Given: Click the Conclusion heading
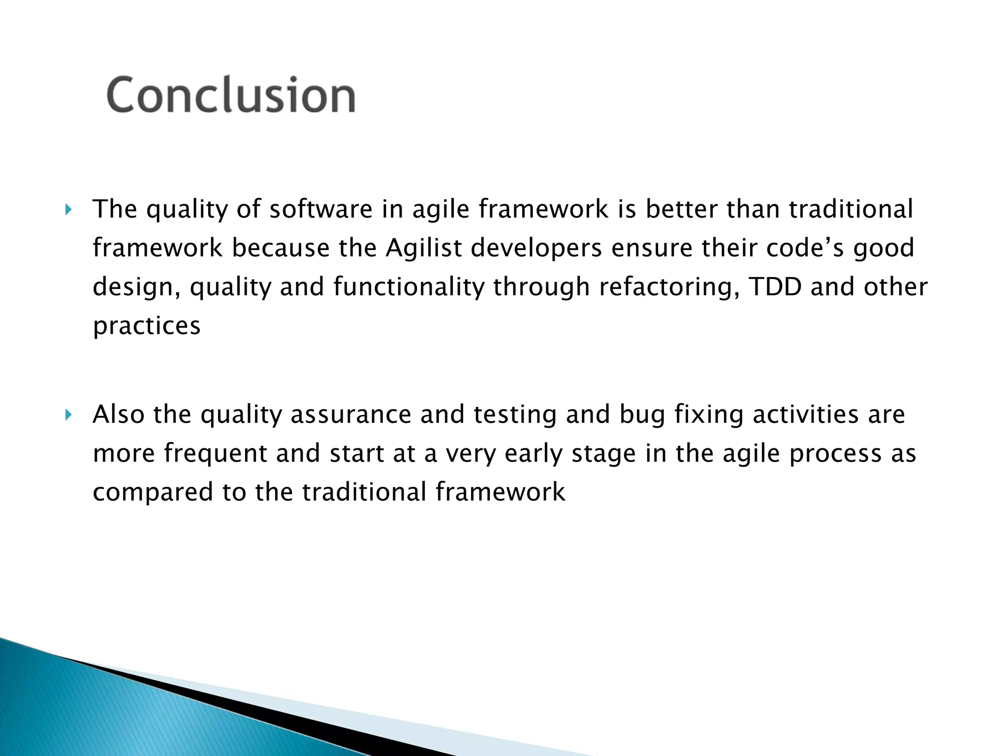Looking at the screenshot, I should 230,94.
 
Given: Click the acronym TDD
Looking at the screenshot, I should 775,286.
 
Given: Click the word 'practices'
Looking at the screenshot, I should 147,326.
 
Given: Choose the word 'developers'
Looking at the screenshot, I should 536,249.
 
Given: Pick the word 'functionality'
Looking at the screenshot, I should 409,287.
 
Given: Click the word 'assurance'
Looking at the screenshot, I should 350,414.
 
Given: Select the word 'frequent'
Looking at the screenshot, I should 215,454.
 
